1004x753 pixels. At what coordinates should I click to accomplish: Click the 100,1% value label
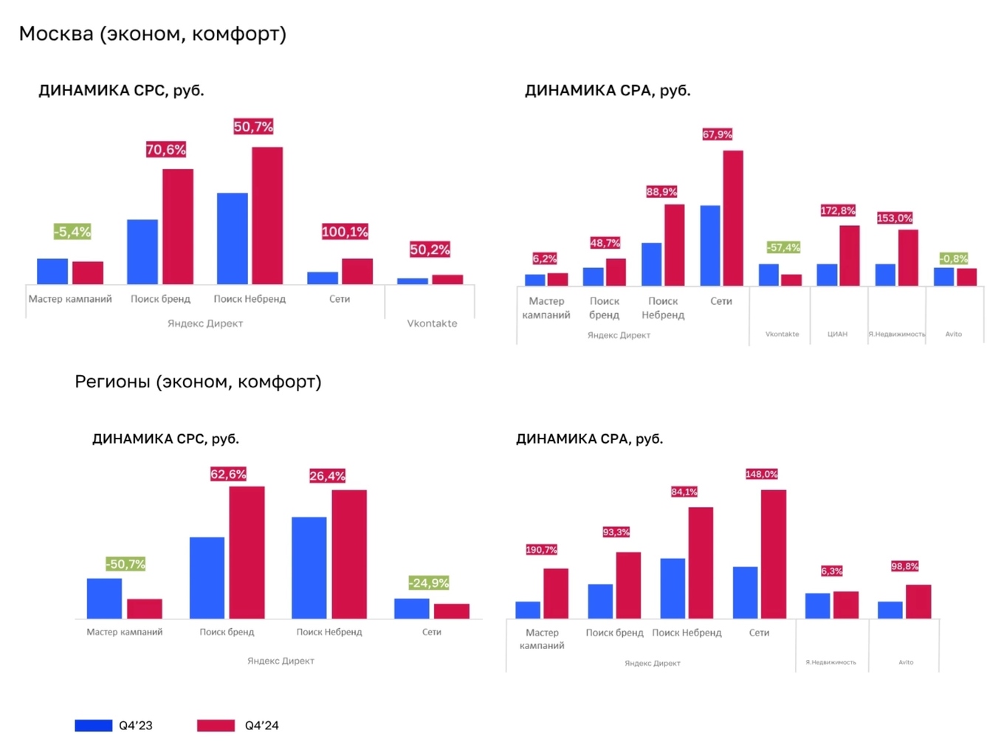click(x=345, y=232)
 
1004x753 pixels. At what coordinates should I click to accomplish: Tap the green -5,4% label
click(x=72, y=232)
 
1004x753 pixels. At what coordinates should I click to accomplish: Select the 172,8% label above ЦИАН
click(x=838, y=211)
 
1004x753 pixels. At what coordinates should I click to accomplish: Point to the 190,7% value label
click(x=541, y=550)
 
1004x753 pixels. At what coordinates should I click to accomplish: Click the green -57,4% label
click(x=783, y=247)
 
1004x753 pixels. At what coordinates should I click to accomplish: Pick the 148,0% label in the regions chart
click(x=761, y=474)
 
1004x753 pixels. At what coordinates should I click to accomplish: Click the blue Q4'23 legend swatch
click(x=94, y=726)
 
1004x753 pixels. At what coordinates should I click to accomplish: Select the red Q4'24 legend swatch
click(x=216, y=726)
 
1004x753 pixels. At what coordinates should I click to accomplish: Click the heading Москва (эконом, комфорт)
click(x=153, y=34)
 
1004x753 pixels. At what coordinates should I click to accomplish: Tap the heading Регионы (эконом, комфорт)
click(x=198, y=382)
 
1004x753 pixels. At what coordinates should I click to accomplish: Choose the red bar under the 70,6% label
click(x=178, y=227)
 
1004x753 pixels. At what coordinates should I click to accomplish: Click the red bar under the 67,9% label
click(x=733, y=218)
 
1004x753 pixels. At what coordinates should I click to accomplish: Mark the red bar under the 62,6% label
click(x=247, y=552)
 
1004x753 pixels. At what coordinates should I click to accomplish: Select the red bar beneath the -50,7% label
click(x=145, y=608)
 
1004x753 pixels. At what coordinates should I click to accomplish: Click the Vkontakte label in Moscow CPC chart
click(x=432, y=323)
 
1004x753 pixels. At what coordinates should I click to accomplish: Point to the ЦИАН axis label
click(x=837, y=334)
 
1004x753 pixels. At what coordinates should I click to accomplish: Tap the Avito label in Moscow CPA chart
click(x=954, y=334)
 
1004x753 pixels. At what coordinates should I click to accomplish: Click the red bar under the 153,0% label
click(x=908, y=258)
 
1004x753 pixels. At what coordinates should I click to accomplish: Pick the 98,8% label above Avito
click(x=904, y=566)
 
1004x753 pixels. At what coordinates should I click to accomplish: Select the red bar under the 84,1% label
click(x=701, y=563)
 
